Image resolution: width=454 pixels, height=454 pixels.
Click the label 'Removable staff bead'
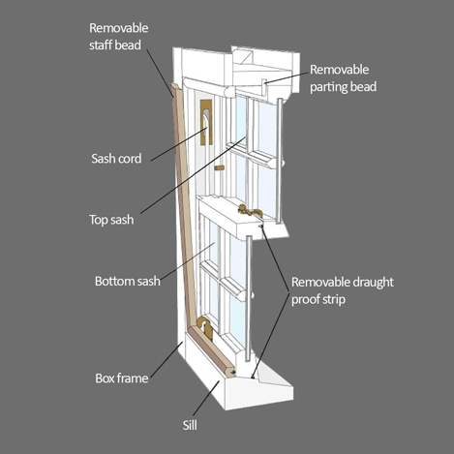119,37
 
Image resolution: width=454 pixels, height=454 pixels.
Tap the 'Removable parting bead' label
343,78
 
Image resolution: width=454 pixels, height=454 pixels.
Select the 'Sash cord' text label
116,159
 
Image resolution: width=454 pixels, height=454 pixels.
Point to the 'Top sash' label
111,220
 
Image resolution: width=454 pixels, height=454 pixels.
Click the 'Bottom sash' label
128,281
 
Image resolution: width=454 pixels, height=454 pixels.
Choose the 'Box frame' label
122,378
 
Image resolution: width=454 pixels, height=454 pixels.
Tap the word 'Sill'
190,425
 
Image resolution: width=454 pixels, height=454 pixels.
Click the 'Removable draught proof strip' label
343,290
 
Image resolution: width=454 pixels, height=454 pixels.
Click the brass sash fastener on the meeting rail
250,211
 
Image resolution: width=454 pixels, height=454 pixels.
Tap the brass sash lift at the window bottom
205,326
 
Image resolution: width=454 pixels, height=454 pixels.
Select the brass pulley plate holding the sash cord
206,122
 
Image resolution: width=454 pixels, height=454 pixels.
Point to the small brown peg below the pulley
220,167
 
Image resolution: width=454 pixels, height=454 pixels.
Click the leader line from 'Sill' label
206,398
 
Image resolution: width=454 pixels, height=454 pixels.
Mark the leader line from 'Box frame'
166,359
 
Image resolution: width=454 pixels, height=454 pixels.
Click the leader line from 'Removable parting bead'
287,77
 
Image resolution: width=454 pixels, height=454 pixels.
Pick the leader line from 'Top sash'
193,175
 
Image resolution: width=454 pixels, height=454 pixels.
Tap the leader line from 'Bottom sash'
188,260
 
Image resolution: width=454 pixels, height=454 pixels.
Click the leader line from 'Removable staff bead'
160,74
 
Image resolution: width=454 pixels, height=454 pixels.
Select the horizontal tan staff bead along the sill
212,351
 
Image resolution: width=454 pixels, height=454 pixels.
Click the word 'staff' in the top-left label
101,45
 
